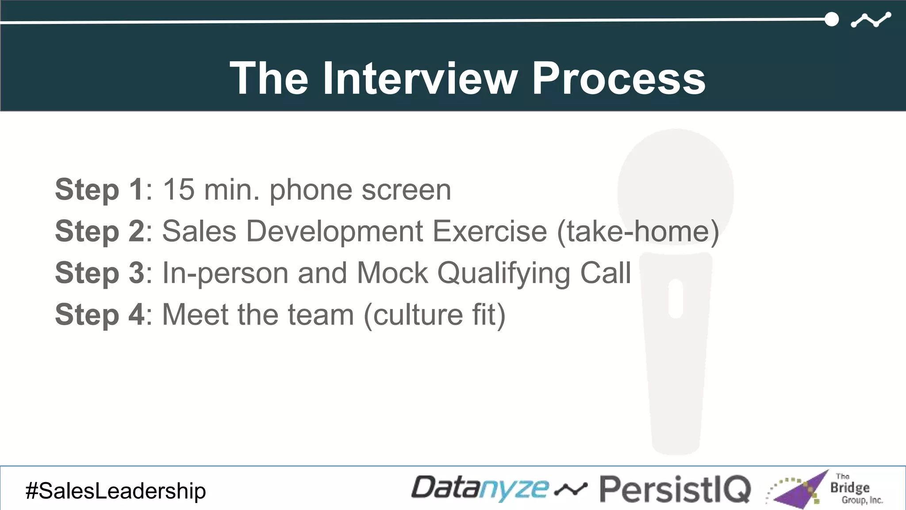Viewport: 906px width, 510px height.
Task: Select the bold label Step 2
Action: [99, 231]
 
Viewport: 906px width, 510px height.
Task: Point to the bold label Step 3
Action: [99, 273]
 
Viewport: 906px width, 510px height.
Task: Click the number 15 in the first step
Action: [178, 189]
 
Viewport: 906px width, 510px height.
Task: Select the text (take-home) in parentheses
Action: [637, 232]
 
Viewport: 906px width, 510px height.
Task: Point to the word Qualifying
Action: [504, 274]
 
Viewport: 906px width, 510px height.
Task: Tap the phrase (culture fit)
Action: [434, 315]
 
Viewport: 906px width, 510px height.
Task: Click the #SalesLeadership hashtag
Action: [115, 491]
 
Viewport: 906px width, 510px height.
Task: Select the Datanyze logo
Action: [480, 488]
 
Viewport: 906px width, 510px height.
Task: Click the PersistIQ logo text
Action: [675, 490]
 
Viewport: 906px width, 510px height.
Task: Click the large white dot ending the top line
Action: [832, 19]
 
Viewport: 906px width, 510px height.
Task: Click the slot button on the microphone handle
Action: [676, 298]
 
